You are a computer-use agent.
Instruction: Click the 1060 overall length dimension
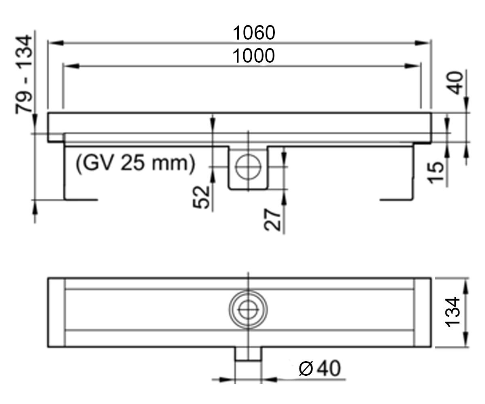pyautogui.click(x=254, y=33)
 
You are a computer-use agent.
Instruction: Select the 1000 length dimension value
pyautogui.click(x=253, y=56)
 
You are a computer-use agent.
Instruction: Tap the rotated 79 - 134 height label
pyautogui.click(x=24, y=74)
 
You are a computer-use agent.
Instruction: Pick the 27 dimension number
pyautogui.click(x=272, y=220)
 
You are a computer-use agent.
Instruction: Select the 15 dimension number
pyautogui.click(x=435, y=173)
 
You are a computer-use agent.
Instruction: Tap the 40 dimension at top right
pyautogui.click(x=455, y=83)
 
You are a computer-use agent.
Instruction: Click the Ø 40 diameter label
pyautogui.click(x=320, y=368)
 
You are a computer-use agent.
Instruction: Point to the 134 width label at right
pyautogui.click(x=452, y=312)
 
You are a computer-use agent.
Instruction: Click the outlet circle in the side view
pyautogui.click(x=248, y=167)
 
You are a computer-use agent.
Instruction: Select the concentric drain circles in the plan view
pyautogui.click(x=248, y=309)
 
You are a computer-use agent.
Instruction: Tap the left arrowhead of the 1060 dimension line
pyautogui.click(x=56, y=43)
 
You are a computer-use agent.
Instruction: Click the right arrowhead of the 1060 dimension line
pyautogui.click(x=422, y=43)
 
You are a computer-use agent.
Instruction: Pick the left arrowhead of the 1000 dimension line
pyautogui.click(x=71, y=66)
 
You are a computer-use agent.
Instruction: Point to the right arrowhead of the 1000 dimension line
pyautogui.click(x=412, y=66)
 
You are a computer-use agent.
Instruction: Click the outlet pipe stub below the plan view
pyautogui.click(x=248, y=354)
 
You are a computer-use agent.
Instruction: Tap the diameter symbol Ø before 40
pyautogui.click(x=306, y=368)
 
